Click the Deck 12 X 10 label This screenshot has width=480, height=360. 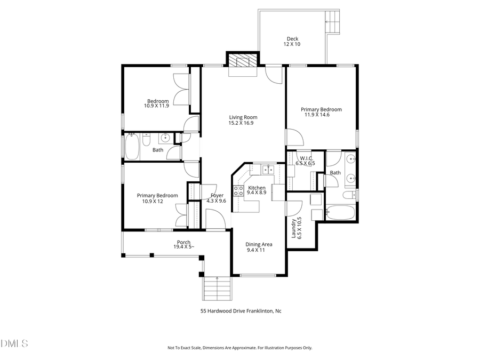[292, 41]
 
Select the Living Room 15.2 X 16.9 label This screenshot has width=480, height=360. [243, 120]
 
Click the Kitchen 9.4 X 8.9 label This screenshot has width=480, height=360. [257, 190]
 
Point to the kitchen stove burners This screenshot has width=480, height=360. [238, 191]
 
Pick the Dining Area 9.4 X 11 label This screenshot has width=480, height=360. [259, 247]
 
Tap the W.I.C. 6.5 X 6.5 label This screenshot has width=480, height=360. [306, 161]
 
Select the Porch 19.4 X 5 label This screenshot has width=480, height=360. [184, 244]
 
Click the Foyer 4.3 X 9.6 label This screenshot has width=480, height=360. [217, 198]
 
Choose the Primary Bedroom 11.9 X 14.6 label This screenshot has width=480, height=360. [323, 112]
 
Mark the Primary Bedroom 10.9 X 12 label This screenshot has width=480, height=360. [157, 198]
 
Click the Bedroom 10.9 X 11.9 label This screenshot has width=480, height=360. [157, 103]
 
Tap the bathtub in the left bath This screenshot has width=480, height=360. [132, 147]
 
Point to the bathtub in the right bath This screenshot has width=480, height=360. [340, 213]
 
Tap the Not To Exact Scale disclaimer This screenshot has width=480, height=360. [240, 348]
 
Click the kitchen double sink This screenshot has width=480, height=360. [267, 170]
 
